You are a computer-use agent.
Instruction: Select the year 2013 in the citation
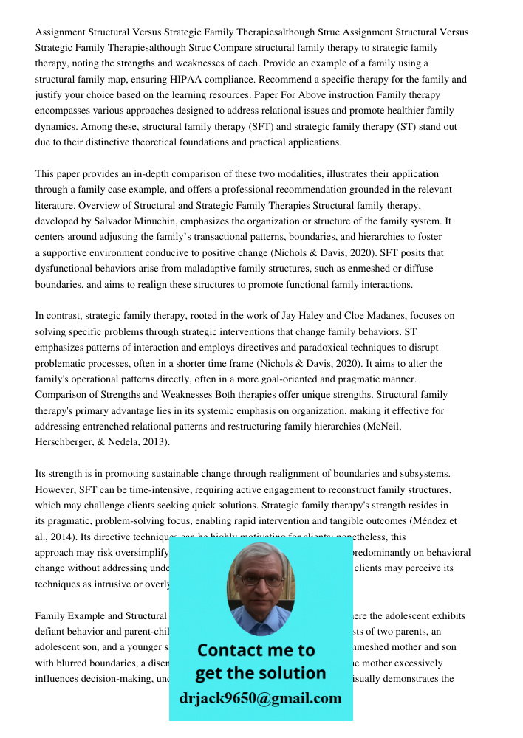(x=154, y=441)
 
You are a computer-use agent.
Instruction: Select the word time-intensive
(x=146, y=489)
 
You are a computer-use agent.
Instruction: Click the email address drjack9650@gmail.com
(x=260, y=697)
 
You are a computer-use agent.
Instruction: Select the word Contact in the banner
(x=229, y=650)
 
